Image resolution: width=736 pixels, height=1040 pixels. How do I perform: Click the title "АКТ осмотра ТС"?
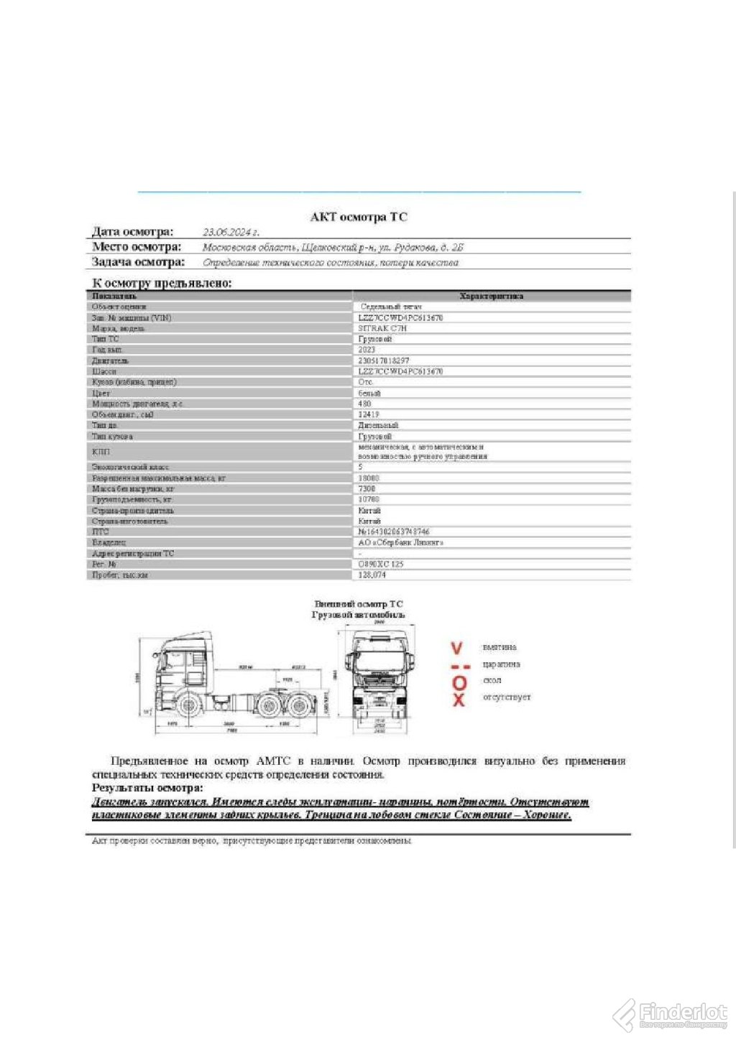click(359, 217)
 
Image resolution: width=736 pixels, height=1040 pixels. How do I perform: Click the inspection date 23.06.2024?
click(230, 232)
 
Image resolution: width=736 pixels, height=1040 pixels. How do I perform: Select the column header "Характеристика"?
click(491, 296)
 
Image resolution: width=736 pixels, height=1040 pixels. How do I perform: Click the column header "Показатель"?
click(114, 296)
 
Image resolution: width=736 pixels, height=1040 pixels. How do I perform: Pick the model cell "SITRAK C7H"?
click(382, 328)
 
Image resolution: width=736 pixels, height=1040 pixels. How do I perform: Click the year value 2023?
click(367, 350)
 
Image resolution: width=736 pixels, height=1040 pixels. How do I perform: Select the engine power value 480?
click(364, 404)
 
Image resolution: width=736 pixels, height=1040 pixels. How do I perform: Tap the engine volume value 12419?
click(369, 414)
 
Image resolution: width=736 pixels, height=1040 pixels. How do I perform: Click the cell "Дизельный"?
click(378, 425)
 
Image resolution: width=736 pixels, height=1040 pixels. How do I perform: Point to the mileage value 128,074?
click(372, 575)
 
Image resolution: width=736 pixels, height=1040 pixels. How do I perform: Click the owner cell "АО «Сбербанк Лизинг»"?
click(401, 543)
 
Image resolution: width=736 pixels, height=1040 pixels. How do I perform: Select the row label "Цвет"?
click(101, 393)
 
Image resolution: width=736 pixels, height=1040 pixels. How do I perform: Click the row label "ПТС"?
click(101, 532)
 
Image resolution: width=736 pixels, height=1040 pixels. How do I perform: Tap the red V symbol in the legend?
click(456, 648)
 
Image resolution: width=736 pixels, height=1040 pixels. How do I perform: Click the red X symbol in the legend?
click(459, 700)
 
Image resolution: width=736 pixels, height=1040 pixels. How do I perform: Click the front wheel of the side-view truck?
click(188, 705)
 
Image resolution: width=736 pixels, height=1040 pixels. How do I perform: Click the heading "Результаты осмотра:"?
click(147, 788)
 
